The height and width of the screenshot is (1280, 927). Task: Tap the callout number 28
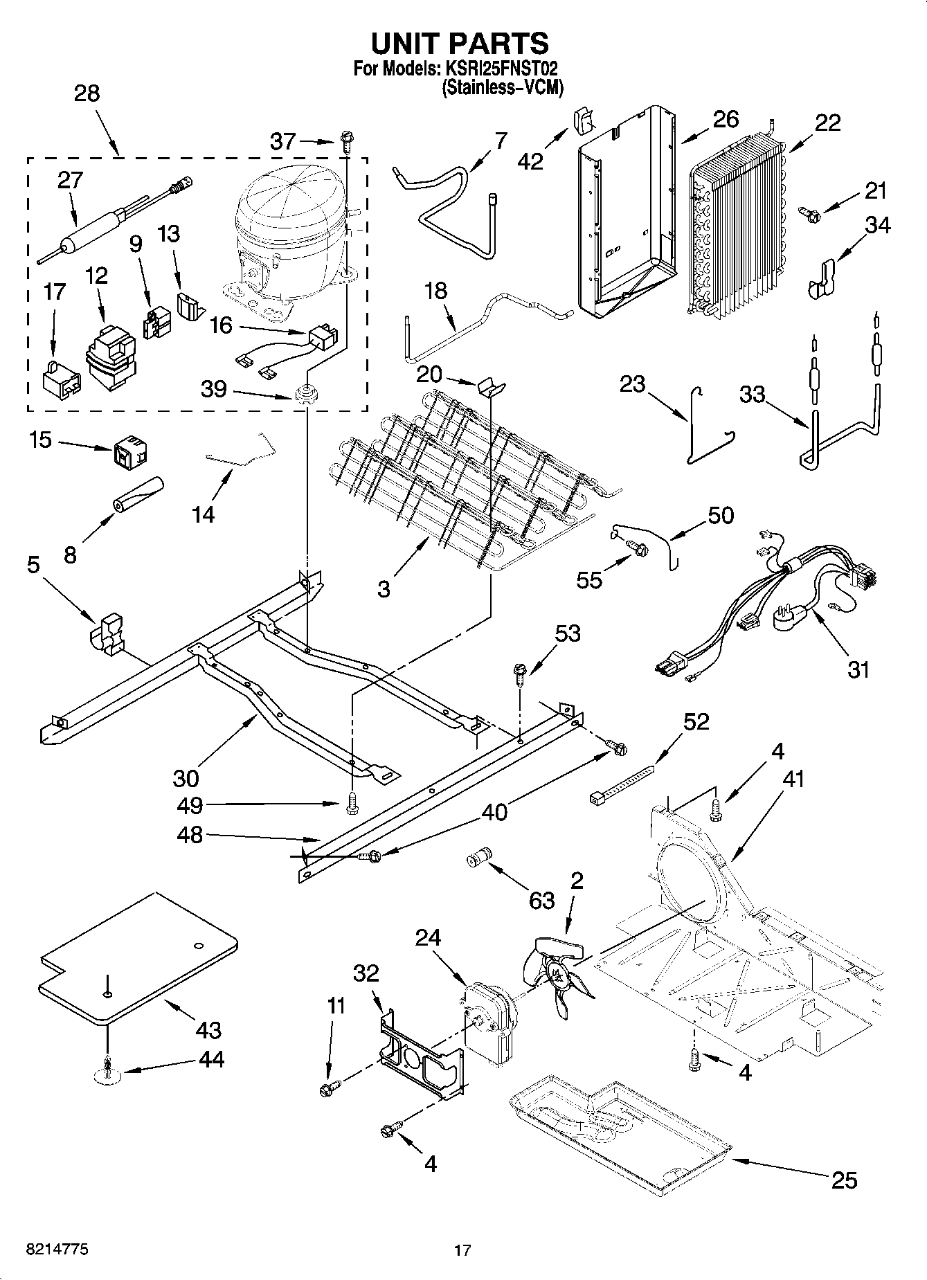[87, 93]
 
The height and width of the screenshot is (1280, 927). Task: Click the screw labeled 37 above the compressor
[345, 144]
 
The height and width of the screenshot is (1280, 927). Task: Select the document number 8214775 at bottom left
[57, 1250]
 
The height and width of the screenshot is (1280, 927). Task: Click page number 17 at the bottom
[462, 1250]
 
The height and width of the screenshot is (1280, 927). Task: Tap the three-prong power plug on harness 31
[789, 616]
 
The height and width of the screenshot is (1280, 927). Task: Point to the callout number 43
[208, 1029]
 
